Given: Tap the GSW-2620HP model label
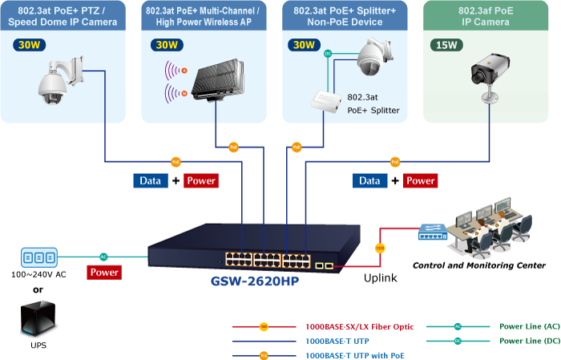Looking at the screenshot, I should point(256,282).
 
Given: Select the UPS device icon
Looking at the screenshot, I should point(38,318).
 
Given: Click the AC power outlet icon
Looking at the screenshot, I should point(39,257).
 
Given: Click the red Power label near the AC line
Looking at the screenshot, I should point(104,273).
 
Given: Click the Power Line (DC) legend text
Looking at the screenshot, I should point(530,341).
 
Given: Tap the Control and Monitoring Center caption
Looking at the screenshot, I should point(479,265).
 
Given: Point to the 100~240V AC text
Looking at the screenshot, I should point(38,274).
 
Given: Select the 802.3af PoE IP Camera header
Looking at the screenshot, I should point(491,16).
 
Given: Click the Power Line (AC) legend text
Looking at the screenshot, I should point(530,327).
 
